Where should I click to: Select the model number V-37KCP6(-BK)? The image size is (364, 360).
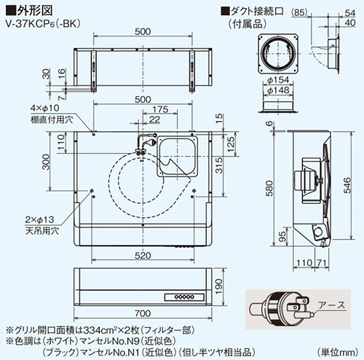point(43,24)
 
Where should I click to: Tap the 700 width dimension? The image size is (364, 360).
point(143,313)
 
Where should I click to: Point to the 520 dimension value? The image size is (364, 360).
point(143,256)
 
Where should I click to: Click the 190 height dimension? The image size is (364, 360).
point(219,286)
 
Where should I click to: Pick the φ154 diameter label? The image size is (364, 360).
point(278,80)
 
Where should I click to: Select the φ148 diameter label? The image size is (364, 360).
point(278,90)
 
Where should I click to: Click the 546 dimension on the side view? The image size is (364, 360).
point(347,185)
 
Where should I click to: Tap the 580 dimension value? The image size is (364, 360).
point(269,188)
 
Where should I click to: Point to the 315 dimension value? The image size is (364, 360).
point(219,165)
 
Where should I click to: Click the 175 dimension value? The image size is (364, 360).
point(160,109)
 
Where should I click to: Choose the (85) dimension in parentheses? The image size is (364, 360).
point(299,12)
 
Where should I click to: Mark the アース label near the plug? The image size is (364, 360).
point(332,305)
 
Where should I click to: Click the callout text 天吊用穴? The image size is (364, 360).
point(42,231)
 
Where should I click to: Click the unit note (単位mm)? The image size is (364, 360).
point(338,351)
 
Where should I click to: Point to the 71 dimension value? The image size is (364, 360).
point(322,263)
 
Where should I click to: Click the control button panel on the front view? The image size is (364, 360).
point(184,297)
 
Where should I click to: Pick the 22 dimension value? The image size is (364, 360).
point(155,120)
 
